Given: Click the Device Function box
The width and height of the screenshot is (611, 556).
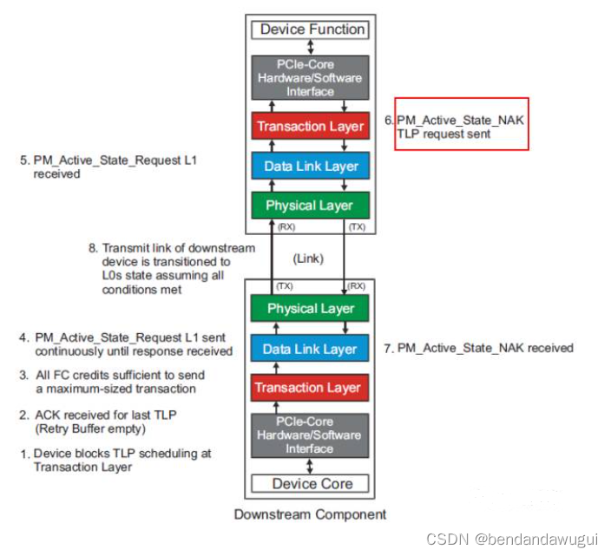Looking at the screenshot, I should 312,29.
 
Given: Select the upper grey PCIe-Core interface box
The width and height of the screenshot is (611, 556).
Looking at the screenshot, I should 311,76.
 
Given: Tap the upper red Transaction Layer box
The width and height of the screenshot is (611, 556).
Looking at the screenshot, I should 311,127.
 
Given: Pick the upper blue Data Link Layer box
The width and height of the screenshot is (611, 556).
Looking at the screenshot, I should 311,166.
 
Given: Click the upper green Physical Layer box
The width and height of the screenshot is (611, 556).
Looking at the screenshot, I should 311,206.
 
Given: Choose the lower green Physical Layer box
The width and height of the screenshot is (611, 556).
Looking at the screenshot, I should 311,309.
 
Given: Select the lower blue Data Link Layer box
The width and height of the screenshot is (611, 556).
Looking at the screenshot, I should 311,349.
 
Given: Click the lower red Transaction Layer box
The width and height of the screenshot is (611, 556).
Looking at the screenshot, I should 311,388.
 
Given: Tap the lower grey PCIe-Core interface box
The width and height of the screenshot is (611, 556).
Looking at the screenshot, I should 311,434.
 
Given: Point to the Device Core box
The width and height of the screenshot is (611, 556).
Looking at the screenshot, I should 311,484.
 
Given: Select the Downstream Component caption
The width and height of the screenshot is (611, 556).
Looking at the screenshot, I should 310,514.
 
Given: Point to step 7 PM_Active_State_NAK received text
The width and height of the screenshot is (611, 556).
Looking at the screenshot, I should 478,348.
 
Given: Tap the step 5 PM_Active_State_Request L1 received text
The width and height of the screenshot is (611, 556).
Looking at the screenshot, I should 113,167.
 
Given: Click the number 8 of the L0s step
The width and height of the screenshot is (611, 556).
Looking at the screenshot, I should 91,248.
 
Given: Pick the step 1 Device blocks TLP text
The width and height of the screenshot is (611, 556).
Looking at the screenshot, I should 117,460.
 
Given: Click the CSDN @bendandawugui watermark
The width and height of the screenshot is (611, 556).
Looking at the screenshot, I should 511,540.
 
